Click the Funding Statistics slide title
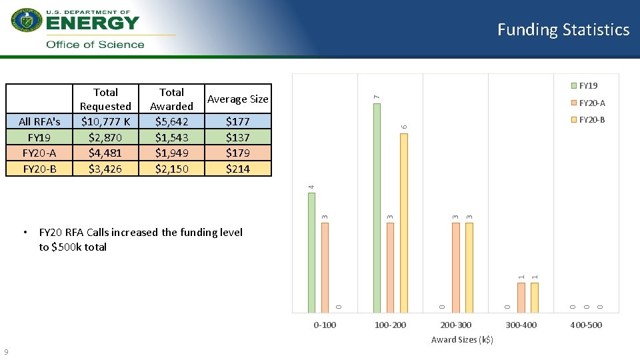(x=563, y=30)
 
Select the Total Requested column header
(x=105, y=99)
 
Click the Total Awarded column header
(x=171, y=99)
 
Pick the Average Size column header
(x=237, y=99)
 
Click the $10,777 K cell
(x=105, y=121)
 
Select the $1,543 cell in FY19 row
(x=171, y=137)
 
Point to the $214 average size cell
(x=237, y=169)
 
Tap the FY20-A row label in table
(x=39, y=153)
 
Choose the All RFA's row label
(x=39, y=121)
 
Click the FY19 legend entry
(x=587, y=86)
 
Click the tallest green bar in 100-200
(x=377, y=207)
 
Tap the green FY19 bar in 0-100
(x=311, y=252)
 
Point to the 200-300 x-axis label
(x=455, y=325)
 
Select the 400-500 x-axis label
(x=586, y=325)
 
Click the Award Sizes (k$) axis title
(x=462, y=340)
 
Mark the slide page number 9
(x=6, y=352)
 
